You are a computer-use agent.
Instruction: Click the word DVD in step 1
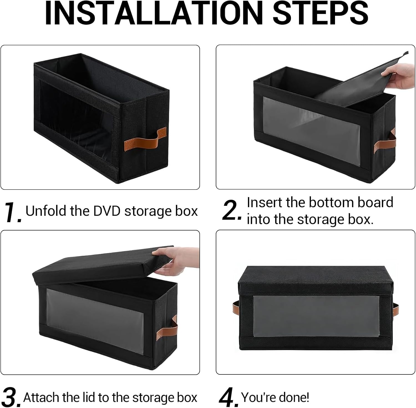click(107, 211)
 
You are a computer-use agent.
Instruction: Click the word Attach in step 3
click(41, 397)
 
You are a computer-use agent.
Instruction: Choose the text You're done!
click(275, 397)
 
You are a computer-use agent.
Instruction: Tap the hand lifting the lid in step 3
click(177, 261)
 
